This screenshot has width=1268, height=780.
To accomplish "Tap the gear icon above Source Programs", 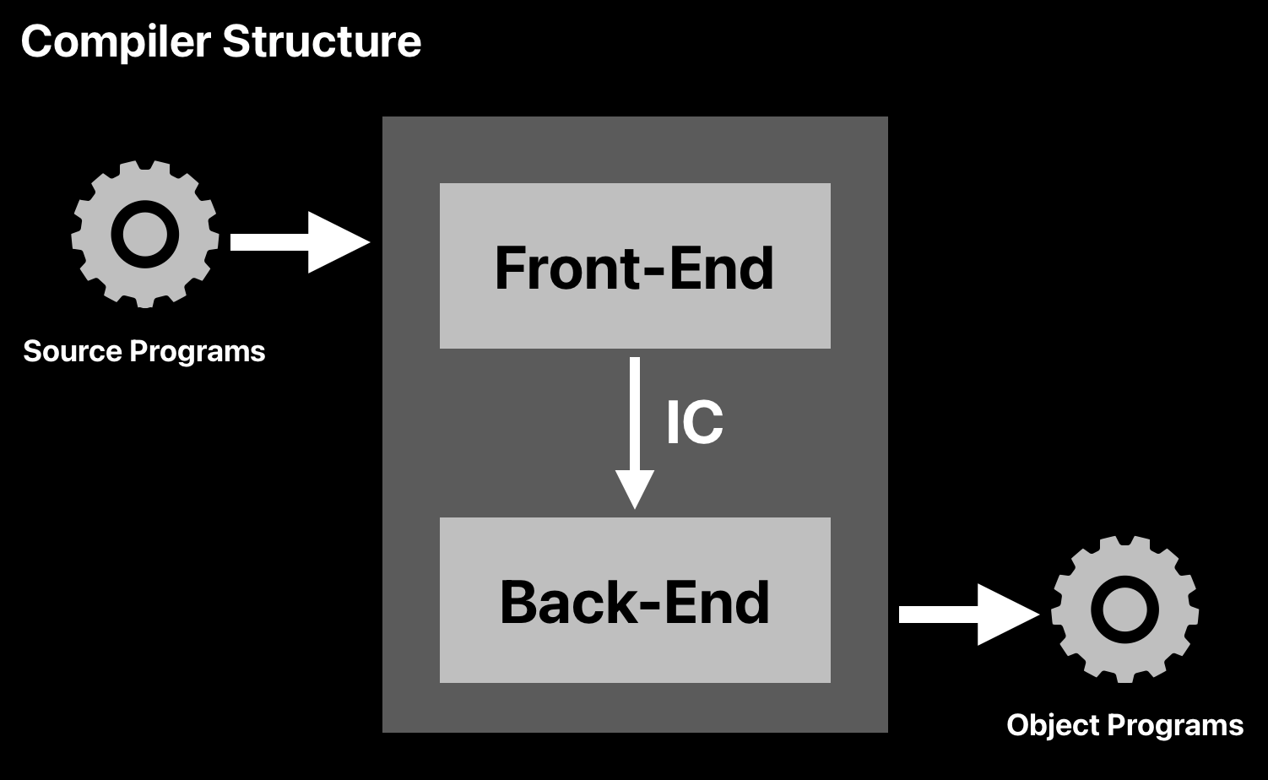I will click(145, 234).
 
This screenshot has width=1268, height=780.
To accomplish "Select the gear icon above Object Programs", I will click(1124, 609).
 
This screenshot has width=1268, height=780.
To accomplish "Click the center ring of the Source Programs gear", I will click(145, 234).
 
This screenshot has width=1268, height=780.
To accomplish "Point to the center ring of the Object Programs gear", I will click(1124, 609).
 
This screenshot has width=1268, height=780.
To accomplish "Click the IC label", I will click(694, 423).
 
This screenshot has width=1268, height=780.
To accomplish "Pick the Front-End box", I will click(635, 266).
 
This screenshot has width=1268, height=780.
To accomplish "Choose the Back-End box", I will click(635, 600).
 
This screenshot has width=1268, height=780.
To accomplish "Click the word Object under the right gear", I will click(1052, 725).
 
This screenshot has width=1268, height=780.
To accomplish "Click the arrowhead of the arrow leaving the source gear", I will click(337, 242).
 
